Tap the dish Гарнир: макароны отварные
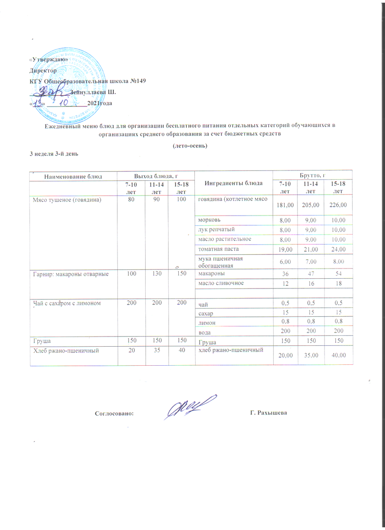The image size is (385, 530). coord(69,274)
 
